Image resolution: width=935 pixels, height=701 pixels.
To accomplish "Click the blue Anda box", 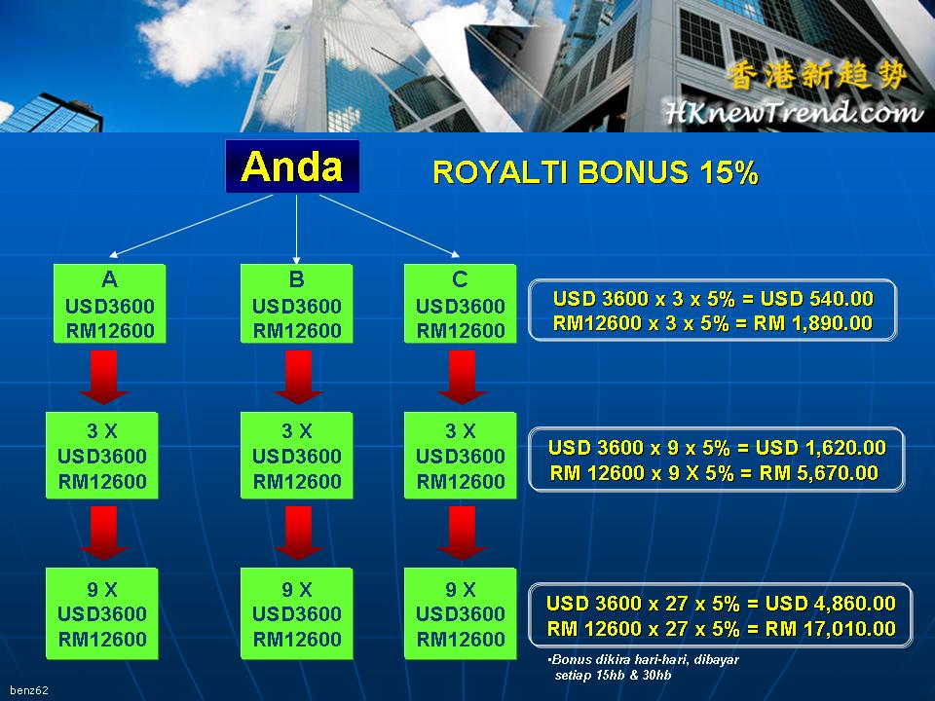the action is (292, 166).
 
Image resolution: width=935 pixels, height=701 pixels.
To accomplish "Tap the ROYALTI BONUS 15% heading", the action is (595, 172).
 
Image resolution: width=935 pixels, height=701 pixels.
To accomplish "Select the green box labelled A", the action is (110, 304).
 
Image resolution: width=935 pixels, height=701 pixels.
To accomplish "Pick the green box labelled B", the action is (296, 304).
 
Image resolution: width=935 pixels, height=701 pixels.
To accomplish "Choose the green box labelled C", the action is (460, 304).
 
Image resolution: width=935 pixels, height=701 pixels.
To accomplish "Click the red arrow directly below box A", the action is (103, 378).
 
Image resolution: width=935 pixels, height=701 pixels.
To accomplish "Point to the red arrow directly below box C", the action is (462, 378).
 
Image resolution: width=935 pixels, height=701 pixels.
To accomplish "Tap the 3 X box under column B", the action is (296, 456).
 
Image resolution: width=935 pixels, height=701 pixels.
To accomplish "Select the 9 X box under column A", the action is (102, 613).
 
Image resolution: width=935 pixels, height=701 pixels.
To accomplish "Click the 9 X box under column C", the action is (460, 613).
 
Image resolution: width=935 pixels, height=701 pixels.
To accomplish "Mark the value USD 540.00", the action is (817, 298).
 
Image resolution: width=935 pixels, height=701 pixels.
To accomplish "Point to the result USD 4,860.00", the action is (831, 604).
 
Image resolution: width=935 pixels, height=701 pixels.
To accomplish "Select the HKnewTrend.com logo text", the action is (794, 111).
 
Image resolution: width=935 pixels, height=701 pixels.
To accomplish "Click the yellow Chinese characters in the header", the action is (817, 76).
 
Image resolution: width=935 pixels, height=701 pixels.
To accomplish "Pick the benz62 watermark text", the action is (28, 690).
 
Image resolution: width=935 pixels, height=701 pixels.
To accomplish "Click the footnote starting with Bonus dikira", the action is (644, 667).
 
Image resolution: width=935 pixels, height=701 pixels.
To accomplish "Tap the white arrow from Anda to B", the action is (296, 229).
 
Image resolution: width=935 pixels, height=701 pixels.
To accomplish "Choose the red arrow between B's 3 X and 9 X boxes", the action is (298, 534).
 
